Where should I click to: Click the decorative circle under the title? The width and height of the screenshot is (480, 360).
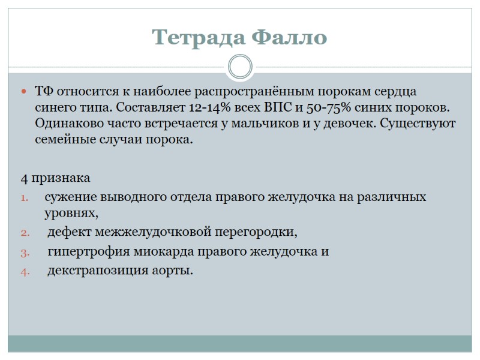pyautogui.click(x=240, y=67)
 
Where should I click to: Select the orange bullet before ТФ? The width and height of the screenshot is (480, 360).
pyautogui.click(x=24, y=92)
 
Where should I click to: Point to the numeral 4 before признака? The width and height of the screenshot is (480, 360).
pyautogui.click(x=24, y=179)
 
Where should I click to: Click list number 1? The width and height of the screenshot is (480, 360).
pyautogui.click(x=25, y=197)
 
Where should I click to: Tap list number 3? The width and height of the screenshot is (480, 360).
pyautogui.click(x=25, y=252)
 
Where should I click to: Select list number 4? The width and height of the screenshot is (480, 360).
pyautogui.click(x=25, y=271)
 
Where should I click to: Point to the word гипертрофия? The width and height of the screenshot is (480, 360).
pyautogui.click(x=84, y=251)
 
